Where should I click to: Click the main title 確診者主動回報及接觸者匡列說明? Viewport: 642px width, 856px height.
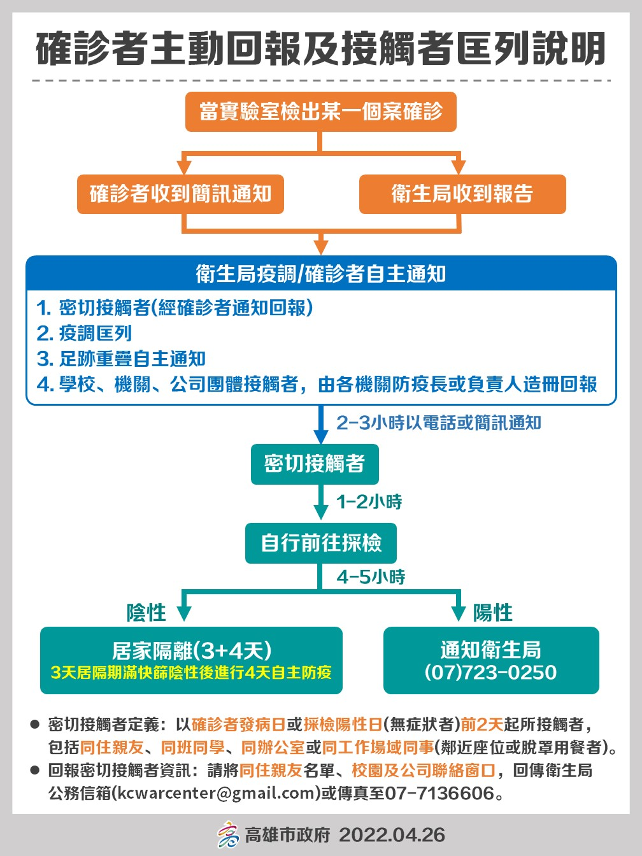click(320, 49)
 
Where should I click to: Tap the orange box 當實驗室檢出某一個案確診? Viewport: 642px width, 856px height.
click(320, 111)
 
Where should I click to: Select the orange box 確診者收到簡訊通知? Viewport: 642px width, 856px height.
click(180, 194)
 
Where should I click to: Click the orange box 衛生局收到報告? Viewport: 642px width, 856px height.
click(462, 194)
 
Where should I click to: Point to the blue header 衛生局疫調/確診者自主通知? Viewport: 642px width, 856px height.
click(321, 273)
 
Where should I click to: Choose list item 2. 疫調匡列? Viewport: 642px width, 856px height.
click(84, 334)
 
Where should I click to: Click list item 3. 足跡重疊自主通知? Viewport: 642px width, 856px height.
click(121, 359)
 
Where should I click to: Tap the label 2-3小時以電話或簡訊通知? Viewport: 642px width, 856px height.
click(439, 423)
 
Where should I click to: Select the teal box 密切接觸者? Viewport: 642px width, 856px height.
click(315, 464)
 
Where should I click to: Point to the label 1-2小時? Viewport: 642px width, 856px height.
click(369, 501)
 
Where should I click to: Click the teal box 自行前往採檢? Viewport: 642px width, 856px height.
click(320, 543)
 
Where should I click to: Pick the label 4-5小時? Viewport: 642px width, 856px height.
click(371, 577)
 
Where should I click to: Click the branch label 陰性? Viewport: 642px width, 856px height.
click(146, 612)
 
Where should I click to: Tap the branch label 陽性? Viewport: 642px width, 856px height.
click(493, 612)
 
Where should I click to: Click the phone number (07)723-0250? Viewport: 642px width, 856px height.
click(490, 672)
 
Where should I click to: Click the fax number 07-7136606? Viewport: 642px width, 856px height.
click(439, 792)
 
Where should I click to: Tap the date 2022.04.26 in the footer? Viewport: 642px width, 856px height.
click(392, 835)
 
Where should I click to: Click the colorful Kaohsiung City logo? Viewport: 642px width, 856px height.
click(229, 834)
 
